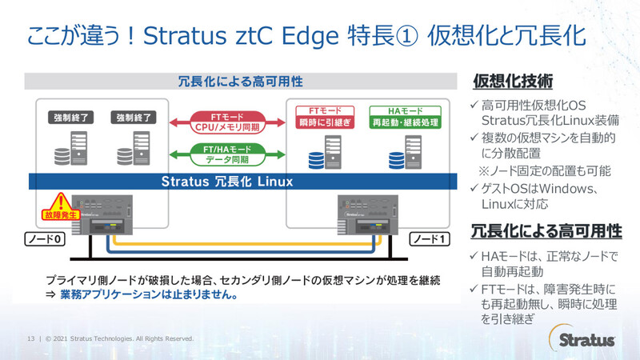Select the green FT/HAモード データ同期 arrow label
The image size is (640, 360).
click(x=227, y=153)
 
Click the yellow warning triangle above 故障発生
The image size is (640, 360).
click(x=56, y=202)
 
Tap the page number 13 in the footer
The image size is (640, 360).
click(x=31, y=338)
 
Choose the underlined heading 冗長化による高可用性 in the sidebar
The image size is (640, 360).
click(x=546, y=231)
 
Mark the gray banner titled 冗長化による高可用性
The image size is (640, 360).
click(x=239, y=81)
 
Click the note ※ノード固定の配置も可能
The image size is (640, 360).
click(x=544, y=170)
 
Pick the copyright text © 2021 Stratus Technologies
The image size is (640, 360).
click(x=120, y=338)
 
